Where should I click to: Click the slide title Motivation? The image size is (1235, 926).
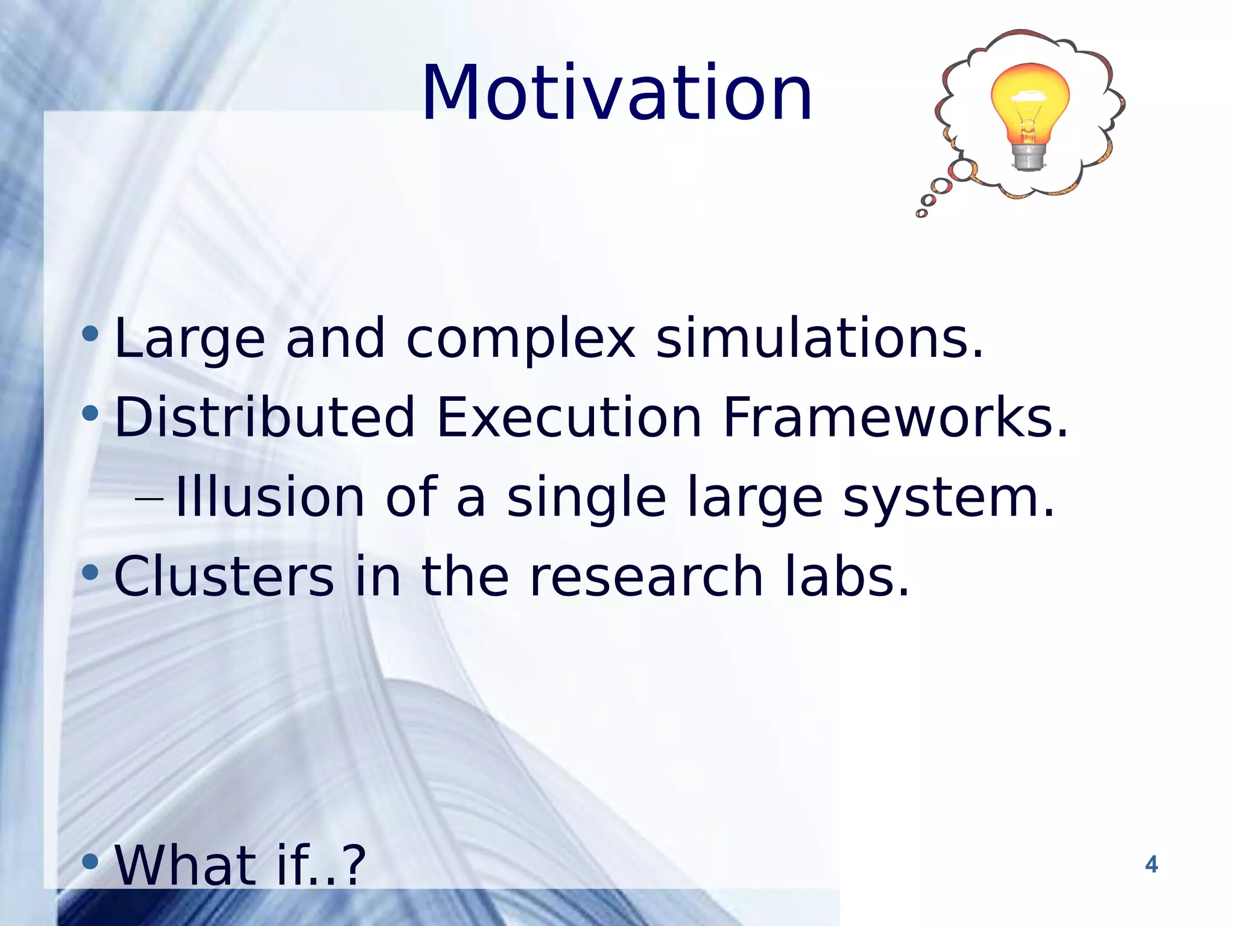[617, 93]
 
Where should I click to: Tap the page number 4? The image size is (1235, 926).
[1151, 865]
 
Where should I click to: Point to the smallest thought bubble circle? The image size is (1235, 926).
[921, 213]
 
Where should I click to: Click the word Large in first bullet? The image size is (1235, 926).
[189, 339]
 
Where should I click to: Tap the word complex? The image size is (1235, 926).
[520, 339]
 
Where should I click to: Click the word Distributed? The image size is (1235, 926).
[264, 417]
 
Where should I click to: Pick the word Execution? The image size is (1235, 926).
[569, 417]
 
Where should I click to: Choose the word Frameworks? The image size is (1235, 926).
[894, 417]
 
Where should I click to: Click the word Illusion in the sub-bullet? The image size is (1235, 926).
[270, 497]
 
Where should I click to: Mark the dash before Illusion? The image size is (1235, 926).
[149, 500]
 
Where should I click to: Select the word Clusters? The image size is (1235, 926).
[223, 577]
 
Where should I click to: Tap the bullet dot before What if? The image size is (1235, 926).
[90, 861]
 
